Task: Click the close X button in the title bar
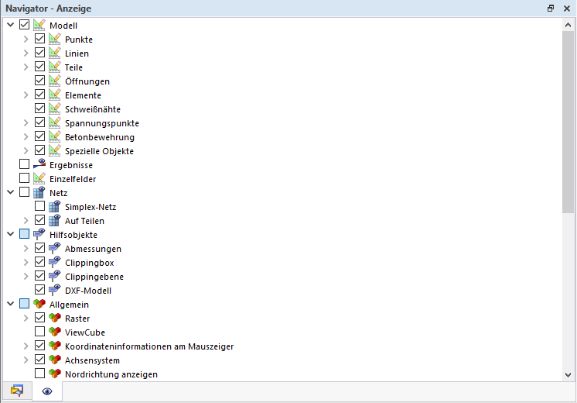tap(567, 9)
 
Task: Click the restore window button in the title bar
tap(551, 8)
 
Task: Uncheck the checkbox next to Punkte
tap(39, 39)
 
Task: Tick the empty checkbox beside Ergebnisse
tap(24, 164)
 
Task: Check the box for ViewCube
tap(39, 332)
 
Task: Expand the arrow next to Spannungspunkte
tap(26, 122)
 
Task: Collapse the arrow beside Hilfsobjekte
tap(11, 234)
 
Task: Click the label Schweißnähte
tap(93, 109)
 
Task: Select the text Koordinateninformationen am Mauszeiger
tap(149, 346)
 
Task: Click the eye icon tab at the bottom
tap(47, 391)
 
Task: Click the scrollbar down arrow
tap(568, 375)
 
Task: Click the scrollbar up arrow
tap(568, 25)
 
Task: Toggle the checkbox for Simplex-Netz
tap(39, 206)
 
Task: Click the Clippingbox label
tap(90, 263)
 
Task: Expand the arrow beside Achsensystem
tap(26, 360)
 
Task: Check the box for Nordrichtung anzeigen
tap(39, 374)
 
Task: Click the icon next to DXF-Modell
tap(55, 290)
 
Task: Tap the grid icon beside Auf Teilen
tap(55, 220)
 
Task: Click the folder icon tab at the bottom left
tap(17, 391)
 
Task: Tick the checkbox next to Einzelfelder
tap(24, 178)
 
